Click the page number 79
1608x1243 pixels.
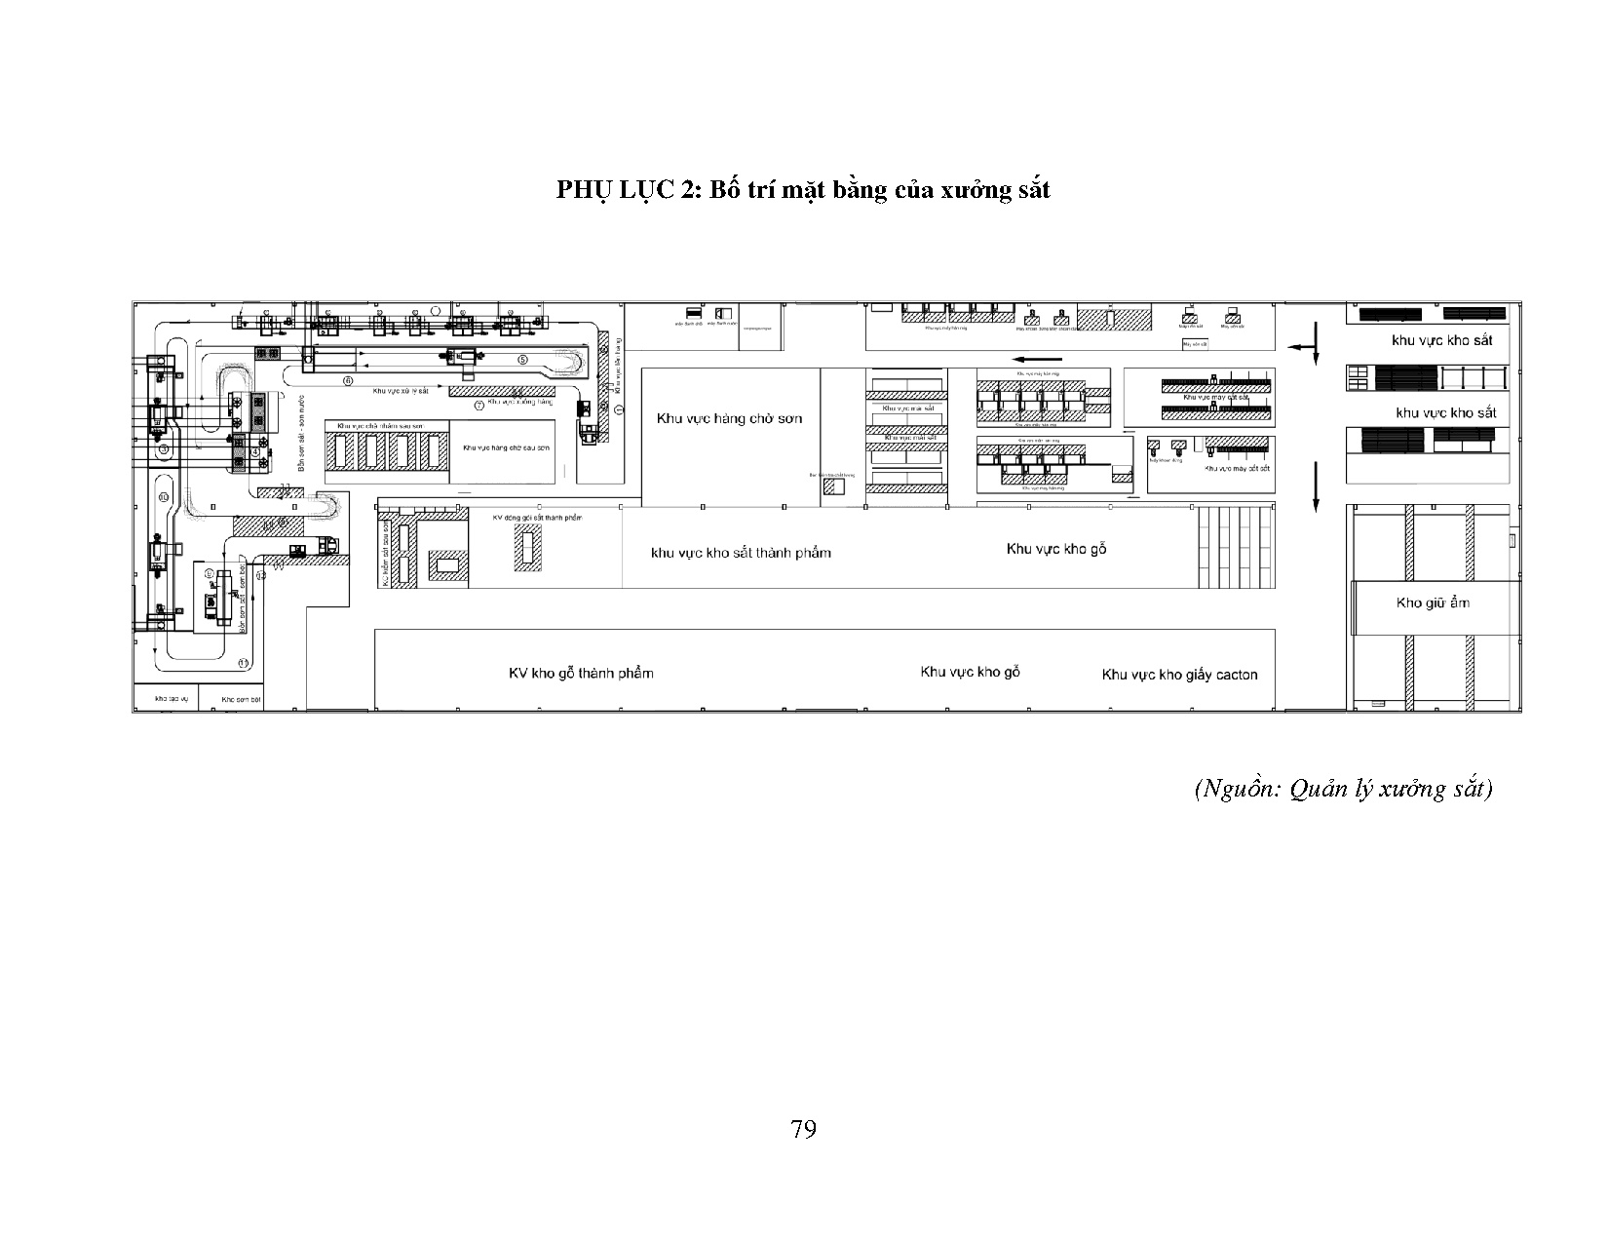804,1129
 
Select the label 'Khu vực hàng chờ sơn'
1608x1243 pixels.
729,419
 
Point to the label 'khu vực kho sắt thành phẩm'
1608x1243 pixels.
741,553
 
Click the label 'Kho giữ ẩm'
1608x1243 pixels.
1433,602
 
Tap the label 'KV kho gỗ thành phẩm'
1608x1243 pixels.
581,674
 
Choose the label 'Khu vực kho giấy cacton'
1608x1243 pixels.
1179,675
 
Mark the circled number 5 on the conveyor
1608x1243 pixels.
522,359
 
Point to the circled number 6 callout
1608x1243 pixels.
347,379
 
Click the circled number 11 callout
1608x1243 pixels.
243,663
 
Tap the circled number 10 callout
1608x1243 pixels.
164,497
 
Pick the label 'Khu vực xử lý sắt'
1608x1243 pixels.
400,390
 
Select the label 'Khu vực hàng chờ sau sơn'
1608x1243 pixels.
502,447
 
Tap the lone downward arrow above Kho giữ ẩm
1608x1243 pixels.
1316,485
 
